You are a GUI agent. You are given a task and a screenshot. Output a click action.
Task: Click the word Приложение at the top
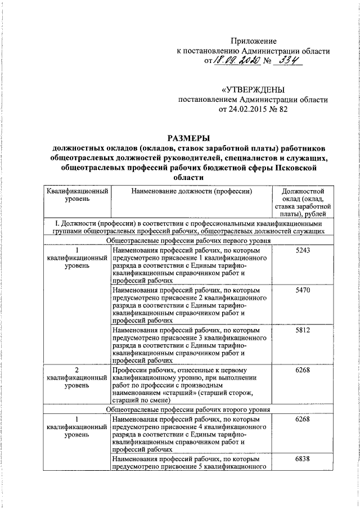(x=254, y=40)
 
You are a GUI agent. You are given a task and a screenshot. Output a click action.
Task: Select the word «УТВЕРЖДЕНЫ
(x=253, y=90)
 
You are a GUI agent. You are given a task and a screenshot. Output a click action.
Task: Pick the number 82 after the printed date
(x=282, y=110)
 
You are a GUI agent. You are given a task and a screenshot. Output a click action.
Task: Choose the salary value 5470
(x=303, y=290)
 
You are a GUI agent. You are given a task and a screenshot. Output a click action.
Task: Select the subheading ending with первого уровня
(x=191, y=240)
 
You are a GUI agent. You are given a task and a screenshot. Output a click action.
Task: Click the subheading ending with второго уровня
(x=191, y=410)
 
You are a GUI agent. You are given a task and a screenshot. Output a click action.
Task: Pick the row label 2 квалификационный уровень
(x=76, y=378)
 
